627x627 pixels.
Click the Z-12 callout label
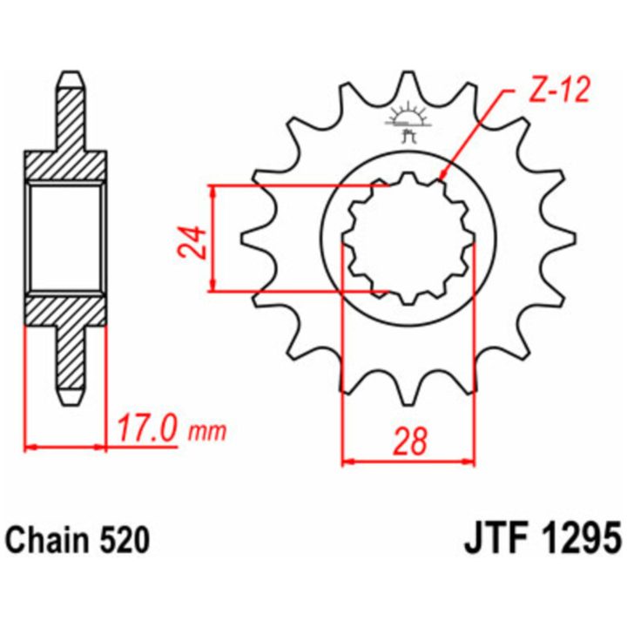click(559, 91)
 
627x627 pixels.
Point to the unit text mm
click(207, 431)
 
